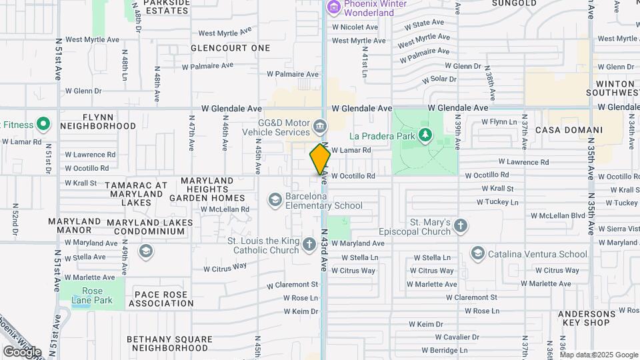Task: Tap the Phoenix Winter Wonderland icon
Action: (x=333, y=8)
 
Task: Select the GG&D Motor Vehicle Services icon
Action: (x=320, y=126)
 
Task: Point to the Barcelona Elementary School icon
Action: (x=275, y=200)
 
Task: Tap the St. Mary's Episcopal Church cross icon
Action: (x=460, y=226)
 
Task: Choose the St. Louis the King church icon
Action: (x=309, y=245)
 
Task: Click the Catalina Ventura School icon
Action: (x=477, y=253)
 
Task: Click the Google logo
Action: (x=23, y=351)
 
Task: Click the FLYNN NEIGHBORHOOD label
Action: (x=98, y=121)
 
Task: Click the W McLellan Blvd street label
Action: (x=557, y=215)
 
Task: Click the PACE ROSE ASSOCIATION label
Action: (x=161, y=298)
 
